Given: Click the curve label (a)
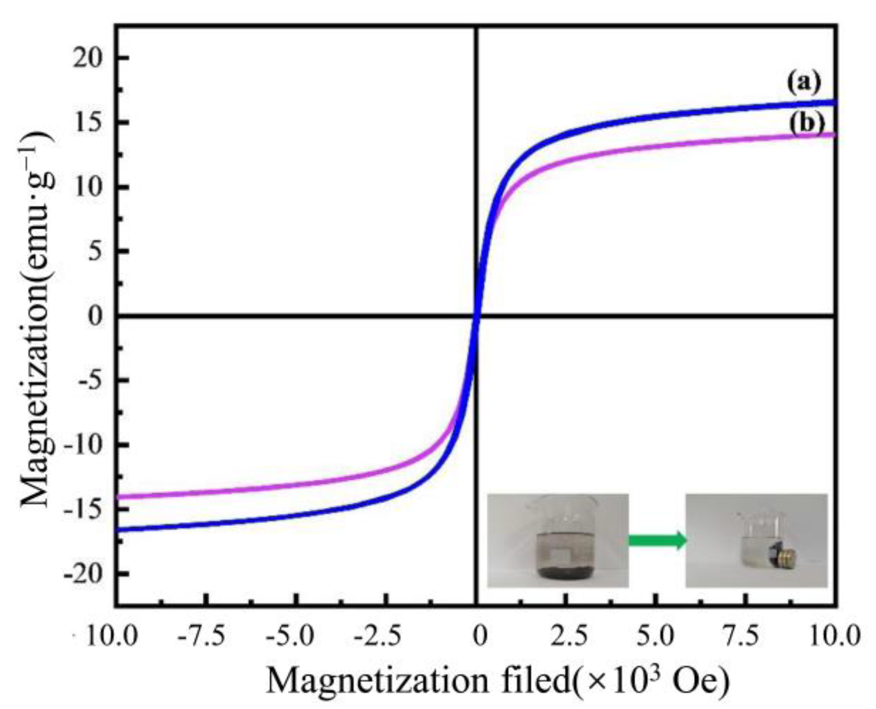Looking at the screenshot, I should coord(804,82).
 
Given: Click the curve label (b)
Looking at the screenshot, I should coord(806,124).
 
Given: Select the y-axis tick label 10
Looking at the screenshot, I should coord(87,187).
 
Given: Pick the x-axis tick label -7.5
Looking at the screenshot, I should coord(200,636).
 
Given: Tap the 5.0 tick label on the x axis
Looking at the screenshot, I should coord(654,636).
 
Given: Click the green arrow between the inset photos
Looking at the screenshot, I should coord(657,540).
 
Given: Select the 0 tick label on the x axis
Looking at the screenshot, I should coord(479,636).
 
